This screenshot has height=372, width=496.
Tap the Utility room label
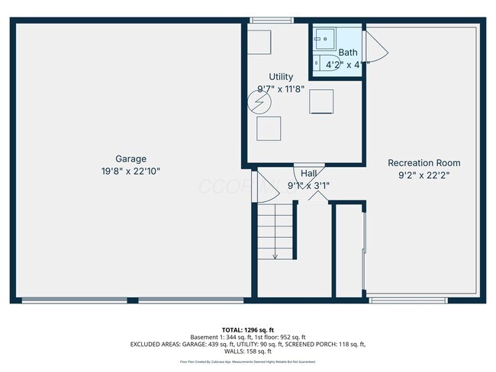point(280,77)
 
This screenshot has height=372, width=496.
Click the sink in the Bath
point(325,36)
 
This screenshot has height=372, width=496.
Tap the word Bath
point(348,53)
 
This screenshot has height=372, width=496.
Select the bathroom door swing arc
point(378,51)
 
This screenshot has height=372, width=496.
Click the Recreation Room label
point(424,162)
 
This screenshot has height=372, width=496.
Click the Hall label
point(309,174)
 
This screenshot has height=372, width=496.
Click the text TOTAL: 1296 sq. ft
point(247,329)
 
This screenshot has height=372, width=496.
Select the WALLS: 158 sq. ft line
point(247,351)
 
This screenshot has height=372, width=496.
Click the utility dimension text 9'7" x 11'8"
point(280,89)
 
